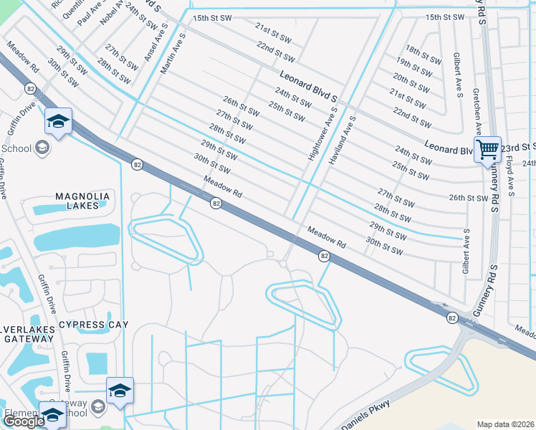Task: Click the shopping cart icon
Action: [487, 150]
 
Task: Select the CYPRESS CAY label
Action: [93, 325]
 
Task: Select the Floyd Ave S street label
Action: [511, 178]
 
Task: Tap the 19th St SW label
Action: [416, 67]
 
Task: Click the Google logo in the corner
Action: [23, 421]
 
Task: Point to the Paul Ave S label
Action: [89, 12]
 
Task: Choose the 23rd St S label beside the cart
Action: [518, 148]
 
